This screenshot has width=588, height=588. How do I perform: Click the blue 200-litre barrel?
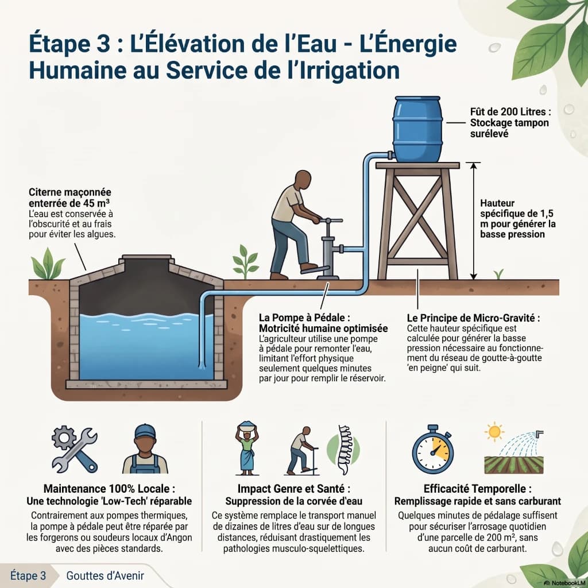click(417, 129)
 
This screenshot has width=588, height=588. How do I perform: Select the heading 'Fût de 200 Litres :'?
click(510, 112)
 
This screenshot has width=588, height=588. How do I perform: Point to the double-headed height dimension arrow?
click(474, 221)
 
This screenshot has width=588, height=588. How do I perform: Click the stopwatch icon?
click(433, 450)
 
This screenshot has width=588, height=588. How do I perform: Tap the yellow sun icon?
click(494, 432)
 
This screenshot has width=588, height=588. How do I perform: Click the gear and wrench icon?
click(75, 449)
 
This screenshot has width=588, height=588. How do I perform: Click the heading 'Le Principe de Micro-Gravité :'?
click(473, 318)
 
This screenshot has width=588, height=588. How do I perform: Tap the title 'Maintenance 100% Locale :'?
click(109, 489)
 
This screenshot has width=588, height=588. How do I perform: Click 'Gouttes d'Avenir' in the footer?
click(105, 575)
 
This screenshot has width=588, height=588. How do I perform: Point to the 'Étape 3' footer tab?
click(28, 575)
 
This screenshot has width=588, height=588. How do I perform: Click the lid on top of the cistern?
click(146, 257)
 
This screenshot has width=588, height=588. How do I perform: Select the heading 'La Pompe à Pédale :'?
click(304, 318)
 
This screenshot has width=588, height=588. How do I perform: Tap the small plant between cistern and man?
click(245, 262)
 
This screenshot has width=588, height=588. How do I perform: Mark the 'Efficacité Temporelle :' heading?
click(477, 489)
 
